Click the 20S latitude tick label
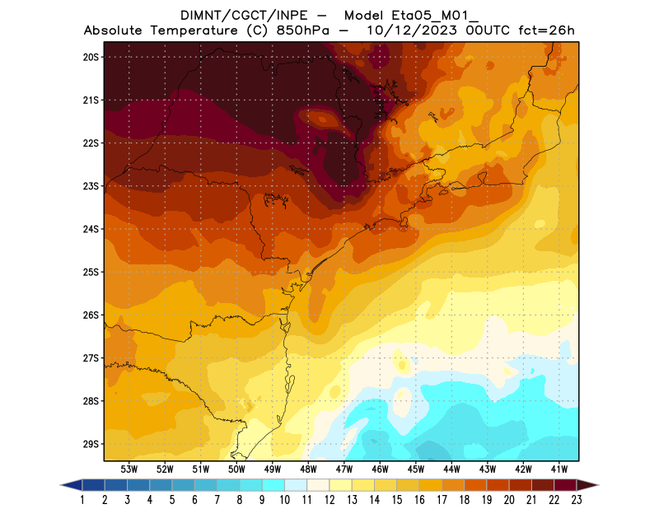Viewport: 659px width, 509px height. [91, 57]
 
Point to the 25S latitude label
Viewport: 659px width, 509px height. [91, 272]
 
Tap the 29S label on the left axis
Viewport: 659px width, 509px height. [91, 444]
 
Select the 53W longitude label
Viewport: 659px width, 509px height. [129, 469]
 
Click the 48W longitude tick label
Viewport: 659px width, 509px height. [309, 469]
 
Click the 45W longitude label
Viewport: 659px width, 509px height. [417, 469]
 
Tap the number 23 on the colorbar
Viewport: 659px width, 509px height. [576, 500]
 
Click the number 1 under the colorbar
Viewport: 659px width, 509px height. [83, 500]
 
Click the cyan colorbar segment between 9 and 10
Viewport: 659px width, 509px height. [273, 485]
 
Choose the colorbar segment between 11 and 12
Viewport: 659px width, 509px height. [318, 485]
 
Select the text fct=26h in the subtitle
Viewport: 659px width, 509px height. [545, 30]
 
